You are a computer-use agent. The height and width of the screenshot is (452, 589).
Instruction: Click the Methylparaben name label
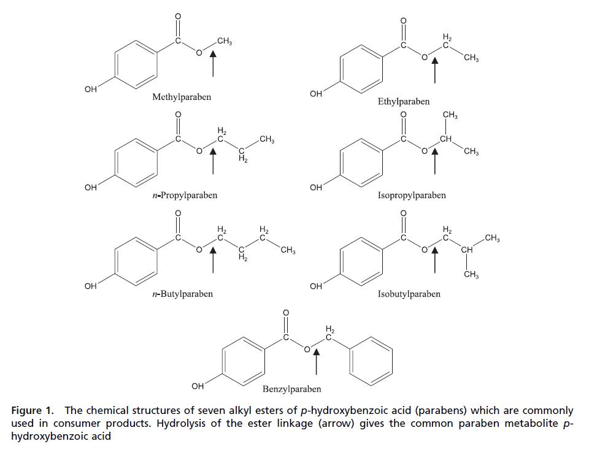[182, 98]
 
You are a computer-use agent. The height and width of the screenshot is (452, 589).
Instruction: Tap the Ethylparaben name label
[404, 101]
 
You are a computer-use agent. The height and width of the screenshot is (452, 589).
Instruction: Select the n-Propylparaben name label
[185, 196]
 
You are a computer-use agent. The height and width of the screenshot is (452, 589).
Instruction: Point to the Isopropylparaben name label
[412, 196]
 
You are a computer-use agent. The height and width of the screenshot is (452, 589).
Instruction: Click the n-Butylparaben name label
[183, 294]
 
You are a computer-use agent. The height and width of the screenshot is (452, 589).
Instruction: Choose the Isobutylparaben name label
[409, 294]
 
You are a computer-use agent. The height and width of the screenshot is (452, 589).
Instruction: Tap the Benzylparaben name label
[292, 389]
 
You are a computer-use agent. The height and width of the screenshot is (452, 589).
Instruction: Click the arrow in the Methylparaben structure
[213, 64]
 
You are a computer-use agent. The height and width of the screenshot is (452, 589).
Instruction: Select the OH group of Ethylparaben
[316, 94]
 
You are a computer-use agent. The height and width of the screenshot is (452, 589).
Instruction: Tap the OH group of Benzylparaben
[198, 386]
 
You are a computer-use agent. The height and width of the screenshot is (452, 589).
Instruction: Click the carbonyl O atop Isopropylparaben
[403, 115]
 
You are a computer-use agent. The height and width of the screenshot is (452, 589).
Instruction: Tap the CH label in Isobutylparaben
[467, 250]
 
